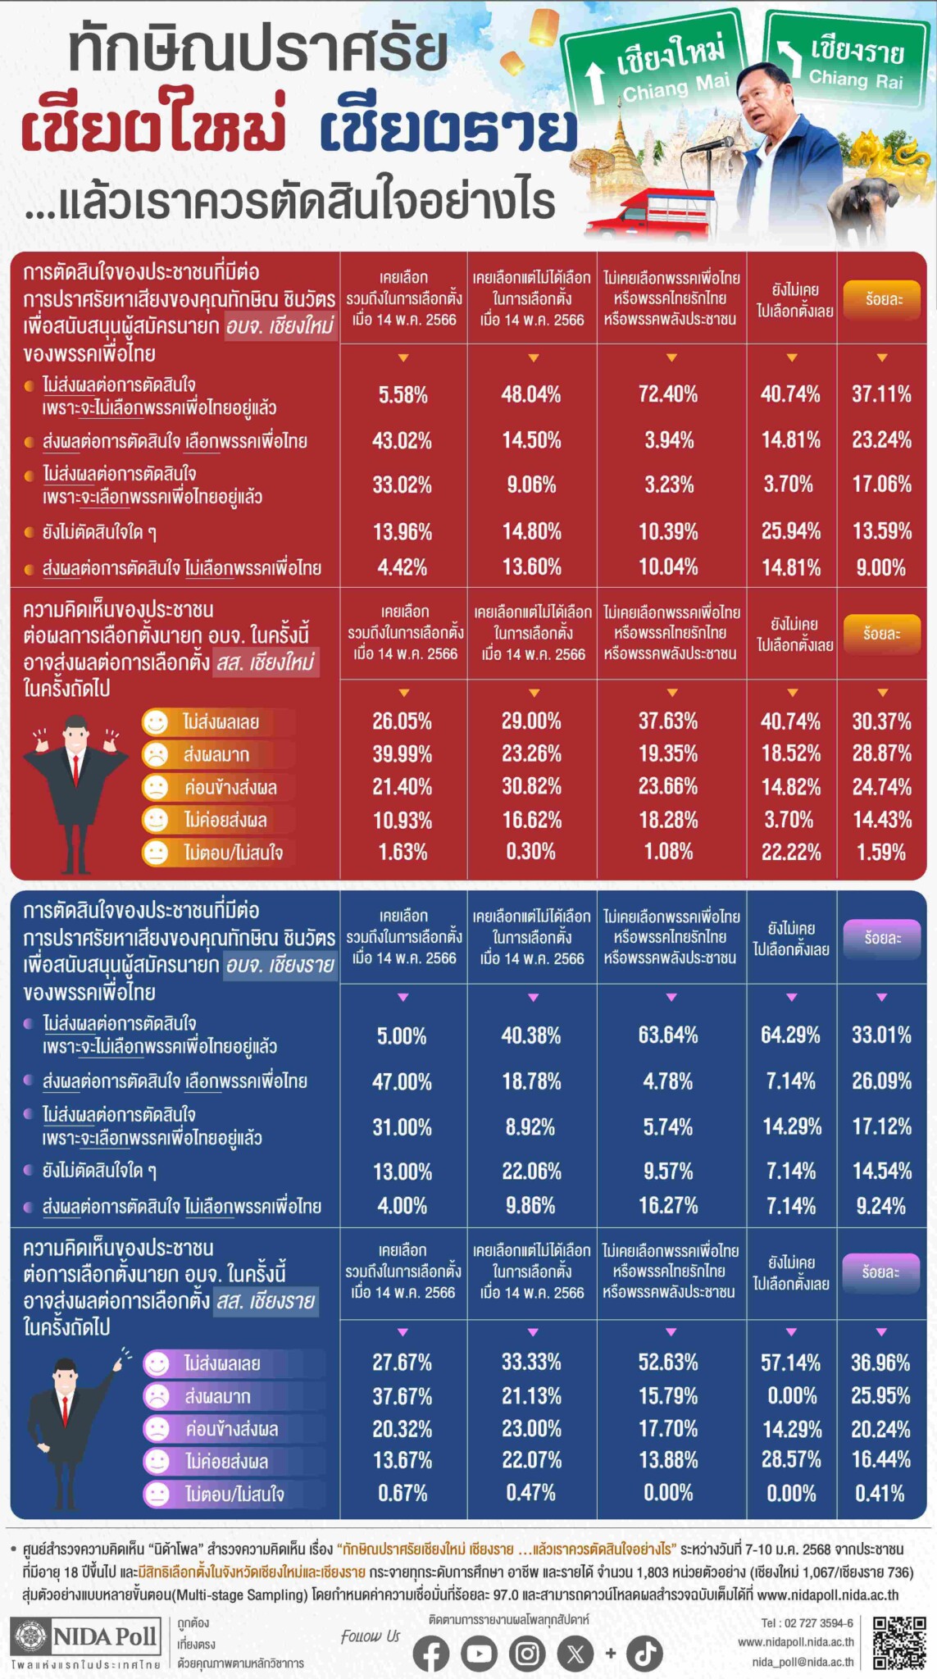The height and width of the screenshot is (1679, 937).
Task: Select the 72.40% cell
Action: (x=668, y=394)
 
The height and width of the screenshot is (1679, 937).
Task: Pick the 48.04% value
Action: (x=531, y=394)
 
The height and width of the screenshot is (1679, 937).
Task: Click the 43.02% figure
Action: (x=402, y=440)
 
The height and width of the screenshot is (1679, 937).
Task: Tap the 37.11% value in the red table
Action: (x=881, y=394)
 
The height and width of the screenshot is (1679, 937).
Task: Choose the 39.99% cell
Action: (x=402, y=753)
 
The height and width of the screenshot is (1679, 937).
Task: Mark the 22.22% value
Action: (x=791, y=853)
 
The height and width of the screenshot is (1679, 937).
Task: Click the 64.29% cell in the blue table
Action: (x=790, y=1035)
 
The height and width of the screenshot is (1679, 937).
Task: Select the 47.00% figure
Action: (x=402, y=1081)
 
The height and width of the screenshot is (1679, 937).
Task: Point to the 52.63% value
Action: (x=668, y=1362)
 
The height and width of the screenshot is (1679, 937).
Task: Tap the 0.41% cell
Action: (x=880, y=1493)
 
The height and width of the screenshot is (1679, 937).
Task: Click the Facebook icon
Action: (x=430, y=1654)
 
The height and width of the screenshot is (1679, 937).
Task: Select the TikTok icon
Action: (x=645, y=1654)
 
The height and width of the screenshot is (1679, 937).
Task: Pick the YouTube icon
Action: (x=479, y=1654)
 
